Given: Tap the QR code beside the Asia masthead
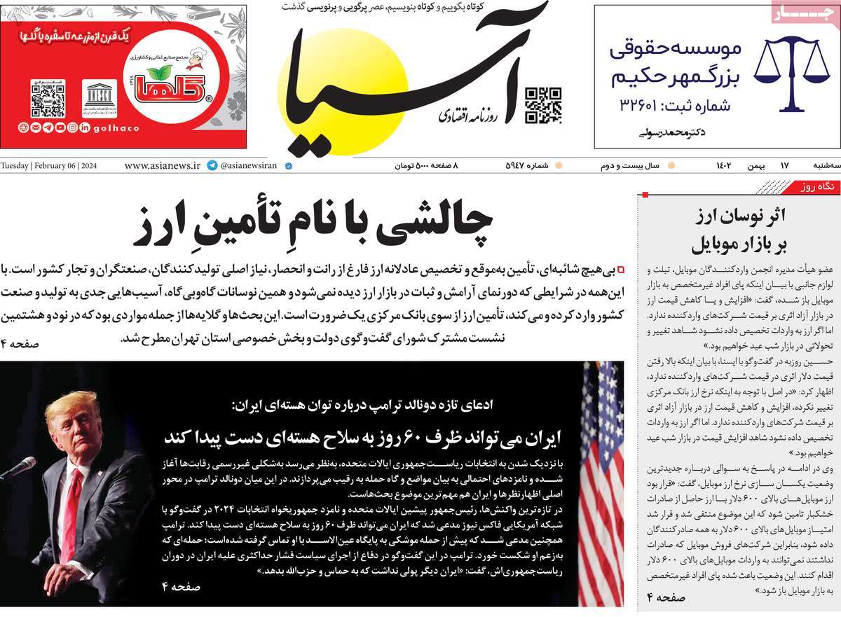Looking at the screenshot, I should [x=543, y=105].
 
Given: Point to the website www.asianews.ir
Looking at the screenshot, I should [x=162, y=166].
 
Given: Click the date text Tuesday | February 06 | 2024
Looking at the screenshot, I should [x=49, y=166].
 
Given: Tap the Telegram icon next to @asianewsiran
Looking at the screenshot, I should [x=212, y=166].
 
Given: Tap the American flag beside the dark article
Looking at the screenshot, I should [x=601, y=483].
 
